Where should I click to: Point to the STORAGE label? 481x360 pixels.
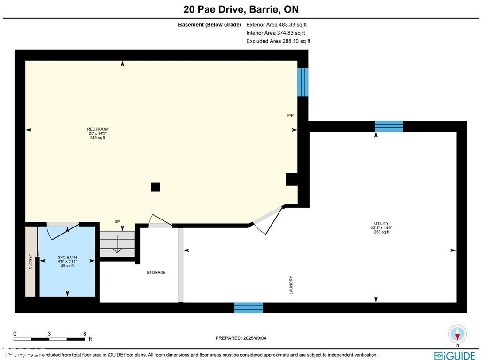(156, 272)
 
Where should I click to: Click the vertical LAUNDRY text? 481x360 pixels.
(291, 285)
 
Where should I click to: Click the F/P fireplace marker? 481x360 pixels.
(291, 115)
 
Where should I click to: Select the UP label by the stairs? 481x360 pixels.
(117, 221)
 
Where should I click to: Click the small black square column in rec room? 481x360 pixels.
(155, 187)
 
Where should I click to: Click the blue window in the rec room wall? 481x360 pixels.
(303, 82)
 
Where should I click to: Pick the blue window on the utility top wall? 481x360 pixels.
(388, 126)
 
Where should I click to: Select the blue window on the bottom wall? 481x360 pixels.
(248, 308)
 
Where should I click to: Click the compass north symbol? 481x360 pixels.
(457, 334)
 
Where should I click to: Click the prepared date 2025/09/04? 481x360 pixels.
(244, 338)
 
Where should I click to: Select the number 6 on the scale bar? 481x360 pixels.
(85, 334)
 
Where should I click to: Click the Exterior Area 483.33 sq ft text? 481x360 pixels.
(277, 25)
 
